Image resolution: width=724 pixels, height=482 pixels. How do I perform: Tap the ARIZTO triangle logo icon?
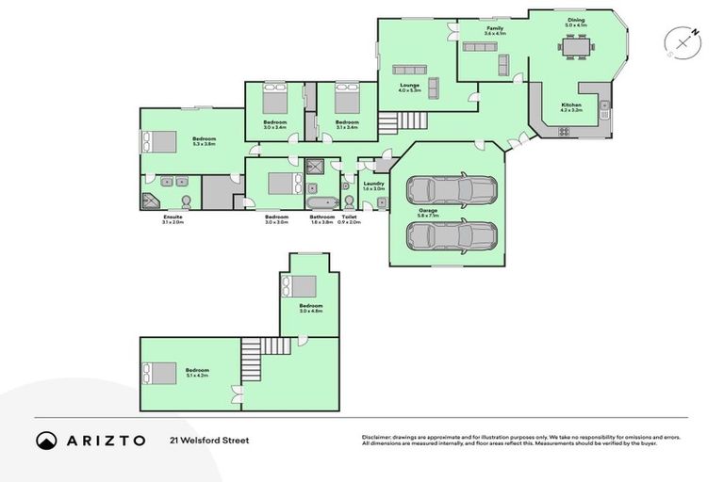(46, 441)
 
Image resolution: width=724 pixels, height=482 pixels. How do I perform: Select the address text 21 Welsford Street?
(209, 441)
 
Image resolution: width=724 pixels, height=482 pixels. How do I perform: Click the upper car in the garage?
(452, 190)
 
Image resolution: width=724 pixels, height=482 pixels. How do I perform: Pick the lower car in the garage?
(452, 234)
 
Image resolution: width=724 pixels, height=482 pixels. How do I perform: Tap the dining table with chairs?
(575, 45)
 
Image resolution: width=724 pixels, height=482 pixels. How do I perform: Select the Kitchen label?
(571, 104)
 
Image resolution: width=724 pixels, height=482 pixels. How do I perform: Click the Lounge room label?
(409, 85)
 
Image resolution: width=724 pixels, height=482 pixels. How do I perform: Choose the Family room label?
(494, 29)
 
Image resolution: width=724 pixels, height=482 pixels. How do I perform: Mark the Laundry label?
(374, 184)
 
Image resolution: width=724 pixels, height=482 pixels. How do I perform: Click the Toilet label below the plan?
(349, 217)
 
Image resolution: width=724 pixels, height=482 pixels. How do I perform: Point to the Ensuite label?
(173, 217)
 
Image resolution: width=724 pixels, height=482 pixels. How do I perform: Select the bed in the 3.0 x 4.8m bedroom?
(303, 285)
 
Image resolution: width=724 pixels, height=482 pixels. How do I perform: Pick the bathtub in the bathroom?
(321, 202)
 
